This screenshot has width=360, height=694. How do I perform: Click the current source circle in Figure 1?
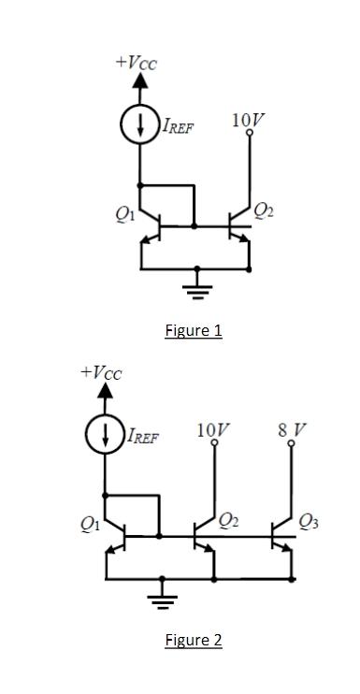point(140,124)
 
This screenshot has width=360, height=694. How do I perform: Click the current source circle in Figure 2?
point(106,433)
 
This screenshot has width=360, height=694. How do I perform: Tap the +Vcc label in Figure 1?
point(137,62)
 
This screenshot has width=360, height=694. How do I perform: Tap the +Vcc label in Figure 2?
point(101,371)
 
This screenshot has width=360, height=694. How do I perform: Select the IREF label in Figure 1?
point(178,127)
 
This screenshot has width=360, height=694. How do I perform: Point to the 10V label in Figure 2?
point(214,429)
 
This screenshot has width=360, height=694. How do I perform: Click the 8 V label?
point(291,429)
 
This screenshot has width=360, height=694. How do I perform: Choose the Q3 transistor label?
point(309,521)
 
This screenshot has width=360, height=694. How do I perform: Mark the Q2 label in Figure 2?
point(229,521)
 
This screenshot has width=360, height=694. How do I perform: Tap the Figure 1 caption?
point(194,330)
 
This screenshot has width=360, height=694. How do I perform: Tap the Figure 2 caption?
point(194,640)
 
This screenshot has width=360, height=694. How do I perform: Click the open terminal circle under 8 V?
point(291,444)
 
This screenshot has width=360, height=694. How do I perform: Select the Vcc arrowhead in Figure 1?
point(140,81)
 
